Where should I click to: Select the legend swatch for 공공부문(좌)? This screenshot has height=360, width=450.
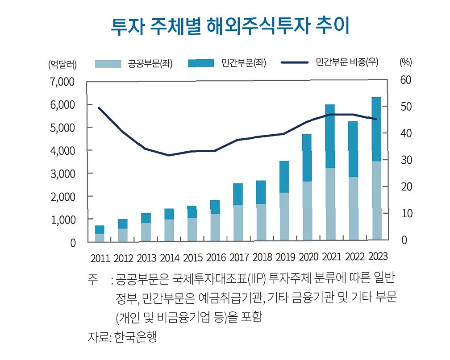click(108, 64)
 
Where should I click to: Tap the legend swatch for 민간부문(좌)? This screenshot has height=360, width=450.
click(201, 63)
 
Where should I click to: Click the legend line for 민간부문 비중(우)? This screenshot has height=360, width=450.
click(295, 62)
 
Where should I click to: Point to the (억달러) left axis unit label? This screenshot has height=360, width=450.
click(62, 64)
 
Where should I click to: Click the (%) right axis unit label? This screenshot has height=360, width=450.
click(405, 62)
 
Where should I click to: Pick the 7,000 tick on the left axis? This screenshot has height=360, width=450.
click(62, 82)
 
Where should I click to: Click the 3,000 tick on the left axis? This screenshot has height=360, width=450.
click(62, 174)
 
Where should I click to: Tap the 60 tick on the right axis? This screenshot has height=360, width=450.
click(406, 80)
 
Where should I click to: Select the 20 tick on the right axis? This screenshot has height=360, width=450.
click(406, 187)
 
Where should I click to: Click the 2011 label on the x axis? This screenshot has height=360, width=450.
click(100, 258)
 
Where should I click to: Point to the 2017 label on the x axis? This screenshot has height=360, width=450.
click(239, 257)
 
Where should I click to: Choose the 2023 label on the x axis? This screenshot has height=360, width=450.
click(378, 256)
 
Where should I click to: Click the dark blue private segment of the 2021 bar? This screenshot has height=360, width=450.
click(330, 136)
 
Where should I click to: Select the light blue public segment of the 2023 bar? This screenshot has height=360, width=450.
click(376, 200)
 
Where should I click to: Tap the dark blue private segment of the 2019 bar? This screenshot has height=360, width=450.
click(284, 177)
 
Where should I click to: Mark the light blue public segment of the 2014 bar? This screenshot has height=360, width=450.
click(169, 230)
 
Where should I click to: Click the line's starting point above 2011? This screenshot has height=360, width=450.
click(99, 108)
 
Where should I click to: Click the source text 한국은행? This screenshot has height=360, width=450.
click(135, 337)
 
